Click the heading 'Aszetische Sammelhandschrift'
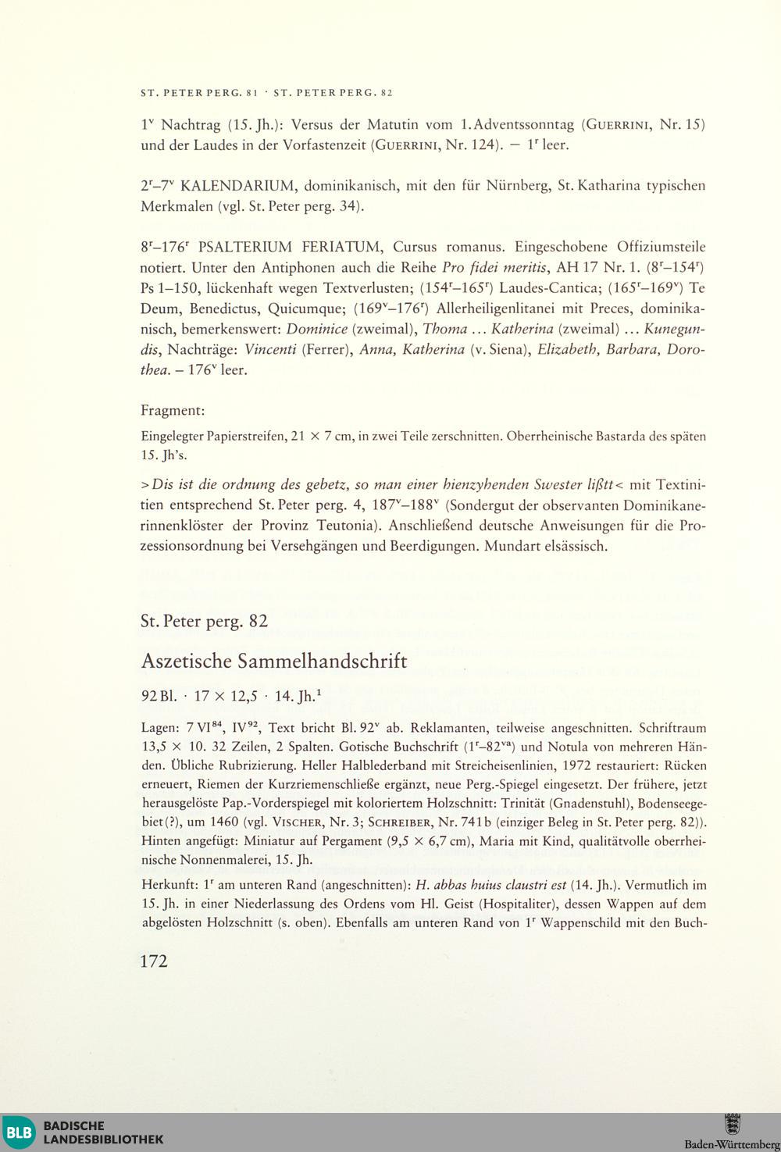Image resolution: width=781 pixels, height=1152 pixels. [274, 661]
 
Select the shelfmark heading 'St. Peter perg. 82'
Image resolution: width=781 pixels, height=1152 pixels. [204, 622]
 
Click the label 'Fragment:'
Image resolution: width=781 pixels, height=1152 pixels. [173, 410]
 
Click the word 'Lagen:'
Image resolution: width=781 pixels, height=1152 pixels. [161, 726]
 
